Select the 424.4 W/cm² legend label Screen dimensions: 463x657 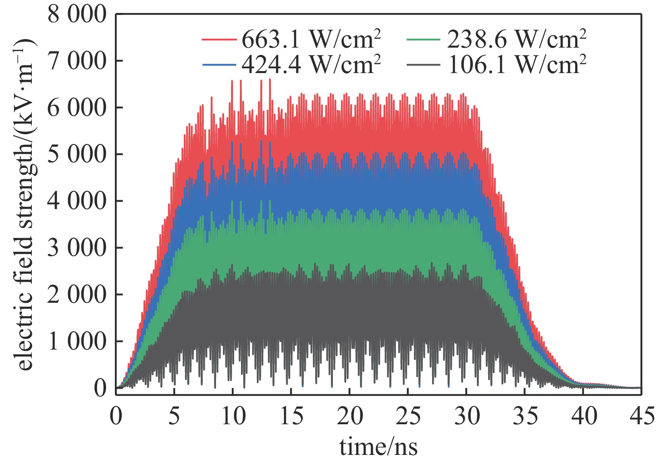click(x=311, y=65)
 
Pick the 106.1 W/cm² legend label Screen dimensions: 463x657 click(x=516, y=65)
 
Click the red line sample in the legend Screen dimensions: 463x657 click(x=218, y=40)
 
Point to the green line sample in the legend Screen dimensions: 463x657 click(x=423, y=40)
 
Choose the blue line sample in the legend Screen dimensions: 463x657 click(x=218, y=65)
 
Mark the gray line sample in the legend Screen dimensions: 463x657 click(x=423, y=65)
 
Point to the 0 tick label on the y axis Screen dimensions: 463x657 click(x=100, y=388)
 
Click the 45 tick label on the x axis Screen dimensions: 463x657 click(x=642, y=416)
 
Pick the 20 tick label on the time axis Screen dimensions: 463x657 click(x=350, y=416)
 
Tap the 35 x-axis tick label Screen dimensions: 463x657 click(x=525, y=416)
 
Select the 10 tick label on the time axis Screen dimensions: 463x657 click(x=233, y=416)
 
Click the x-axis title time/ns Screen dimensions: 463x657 click(x=378, y=446)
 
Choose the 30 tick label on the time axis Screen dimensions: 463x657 click(x=467, y=416)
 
